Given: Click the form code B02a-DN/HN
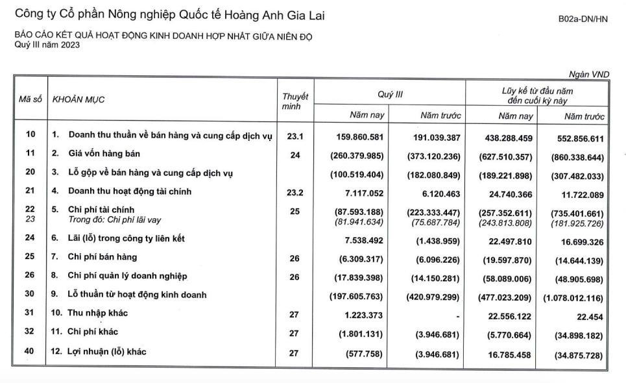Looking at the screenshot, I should coord(583,19).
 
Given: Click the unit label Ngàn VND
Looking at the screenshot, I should coord(589,75).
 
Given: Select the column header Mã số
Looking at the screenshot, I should coord(30,99).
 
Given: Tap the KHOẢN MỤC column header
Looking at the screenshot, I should coord(78,99).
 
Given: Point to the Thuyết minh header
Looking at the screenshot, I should coord(295,101).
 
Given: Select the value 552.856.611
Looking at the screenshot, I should coord(579,138).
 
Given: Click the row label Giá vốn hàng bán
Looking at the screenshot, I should coord(104,154).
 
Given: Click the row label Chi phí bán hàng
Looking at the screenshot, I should coord(102,257).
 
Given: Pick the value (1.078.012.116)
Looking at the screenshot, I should coord(573,298).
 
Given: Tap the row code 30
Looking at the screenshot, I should coord(30,295).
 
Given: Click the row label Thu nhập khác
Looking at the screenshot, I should coord(98,313).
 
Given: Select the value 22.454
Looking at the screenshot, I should coord(590,317).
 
